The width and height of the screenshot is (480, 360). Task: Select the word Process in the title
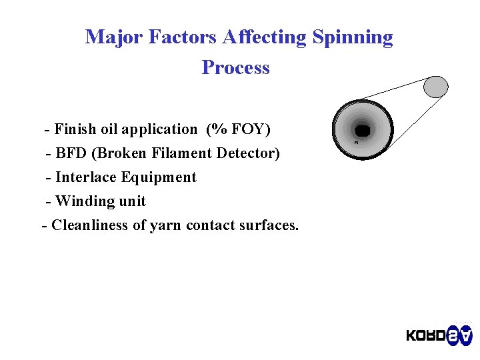[x=235, y=67]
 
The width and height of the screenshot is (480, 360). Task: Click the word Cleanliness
[x=90, y=225]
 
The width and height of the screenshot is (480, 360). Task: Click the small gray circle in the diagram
[x=436, y=86]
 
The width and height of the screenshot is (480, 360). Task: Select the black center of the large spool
[x=363, y=129]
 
